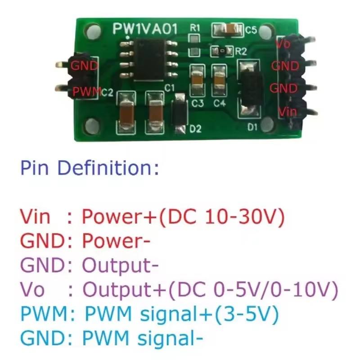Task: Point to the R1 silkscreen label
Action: coord(195,28)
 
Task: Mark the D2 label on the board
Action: coord(195,130)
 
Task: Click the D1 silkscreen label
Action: coord(252,128)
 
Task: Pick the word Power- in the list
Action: coord(116,242)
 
